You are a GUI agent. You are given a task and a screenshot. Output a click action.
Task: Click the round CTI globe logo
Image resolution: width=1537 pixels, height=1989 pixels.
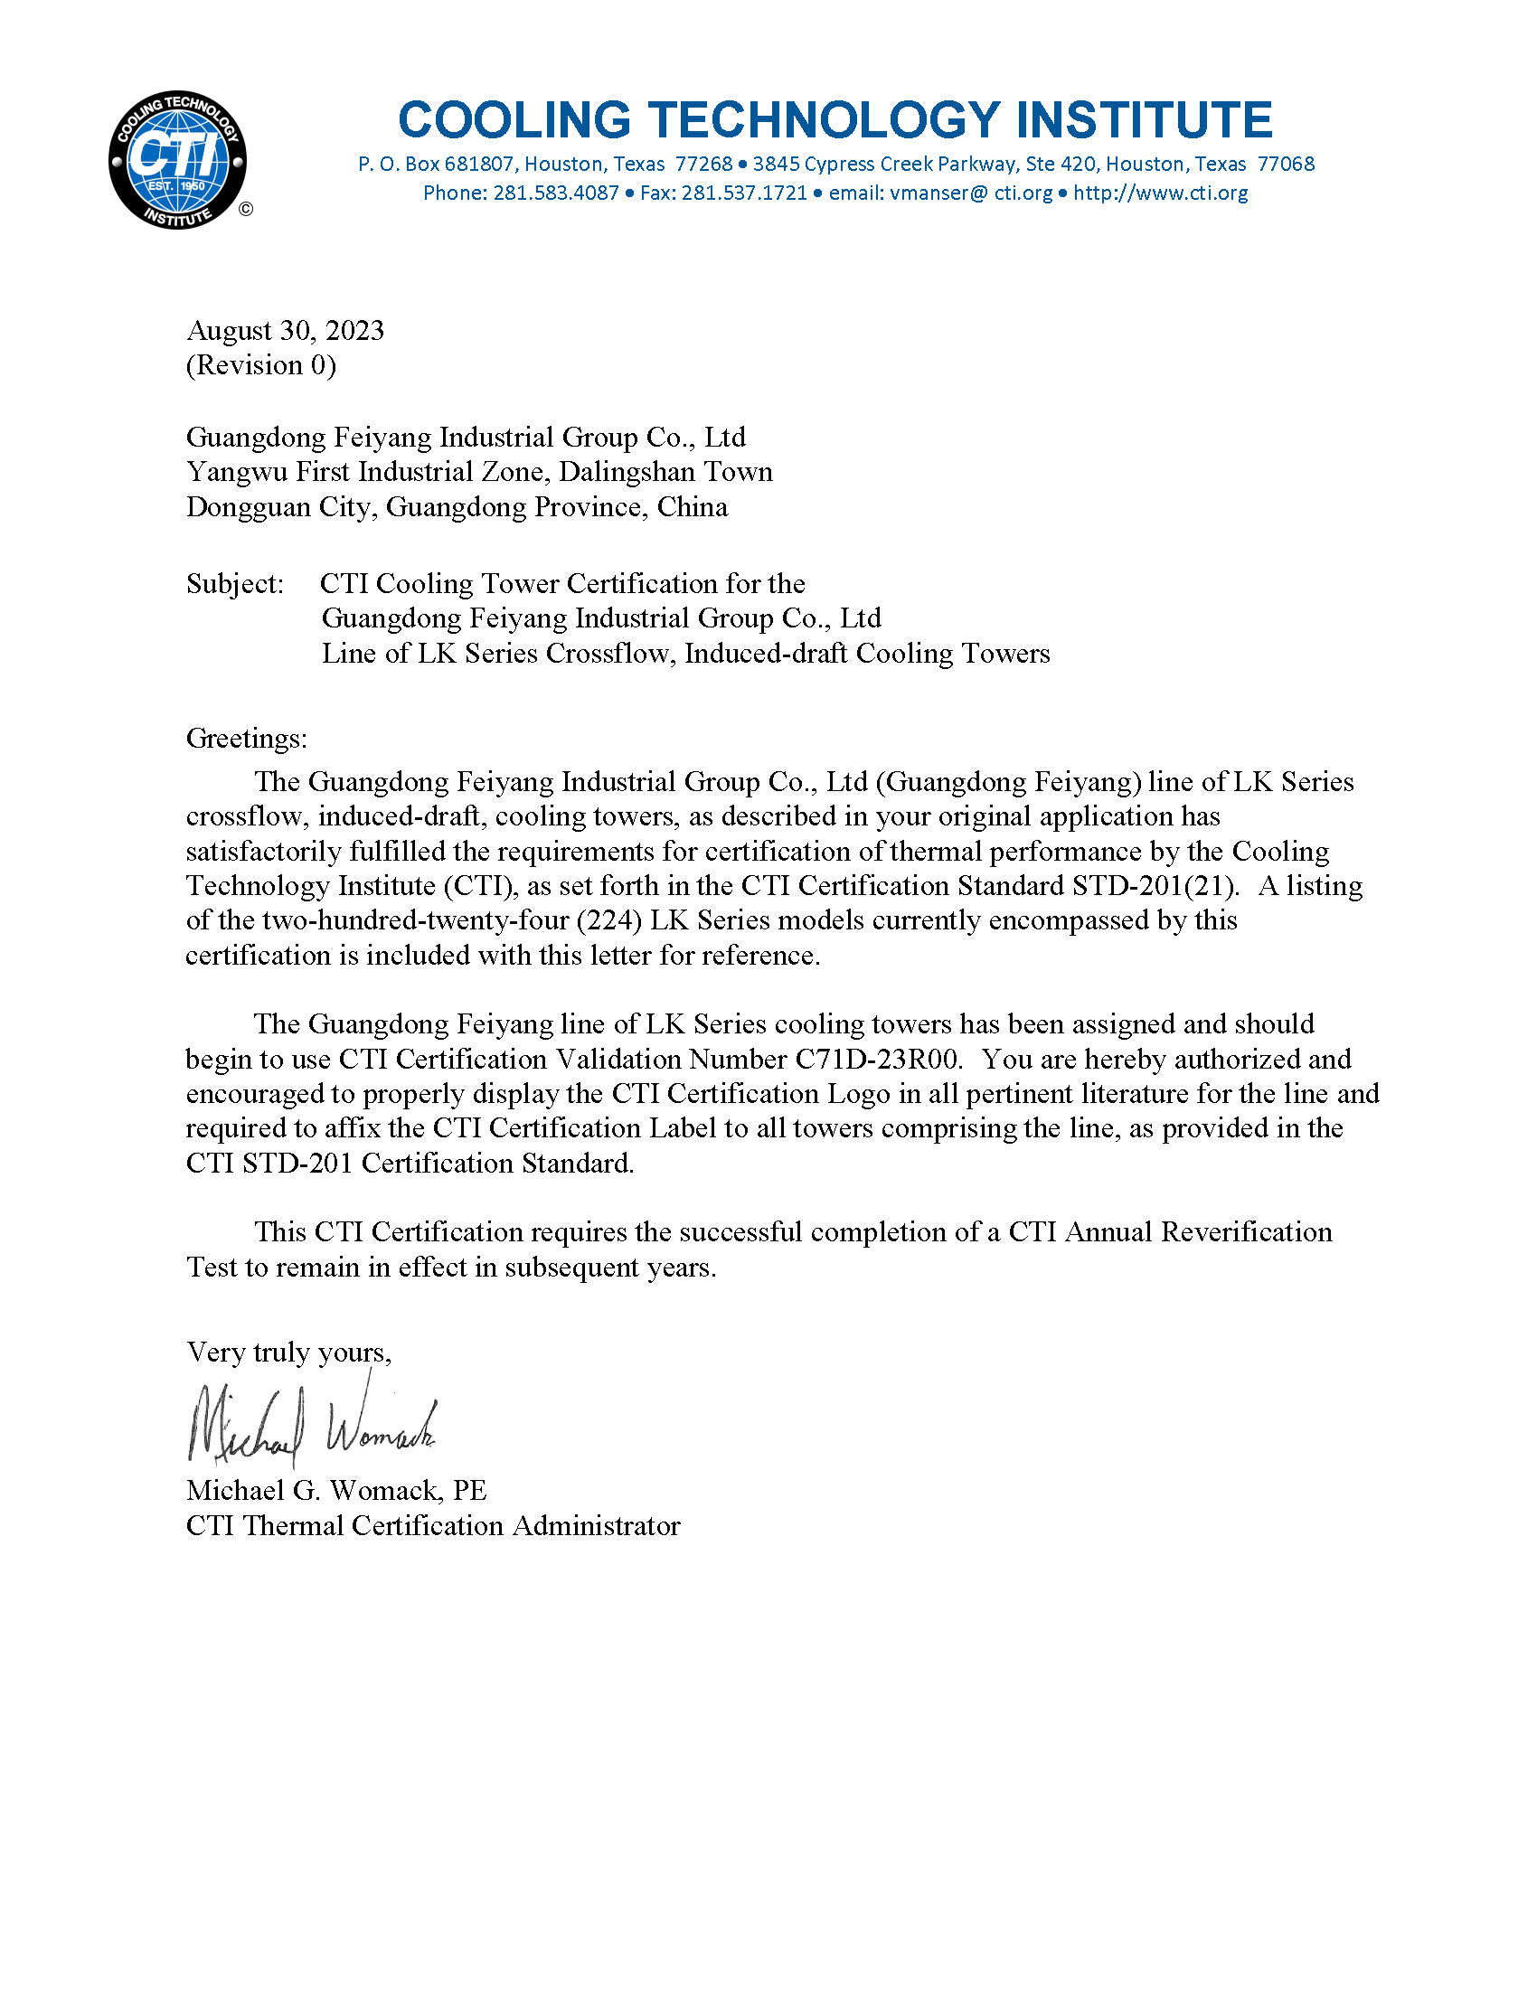pyautogui.click(x=177, y=160)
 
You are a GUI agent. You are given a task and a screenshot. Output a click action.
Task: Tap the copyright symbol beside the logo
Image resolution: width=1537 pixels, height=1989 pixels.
pyautogui.click(x=246, y=210)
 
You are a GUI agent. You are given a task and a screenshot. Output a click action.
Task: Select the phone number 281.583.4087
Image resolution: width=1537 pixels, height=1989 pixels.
pyautogui.click(x=555, y=193)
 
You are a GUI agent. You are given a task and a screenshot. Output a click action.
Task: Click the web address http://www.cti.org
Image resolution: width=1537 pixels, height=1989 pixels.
pyautogui.click(x=1160, y=193)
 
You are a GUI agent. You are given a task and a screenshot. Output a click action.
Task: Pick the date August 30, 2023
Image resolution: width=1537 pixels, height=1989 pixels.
pyautogui.click(x=285, y=330)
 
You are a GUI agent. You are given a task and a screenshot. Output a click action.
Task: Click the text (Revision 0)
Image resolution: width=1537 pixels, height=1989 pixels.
pyautogui.click(x=261, y=365)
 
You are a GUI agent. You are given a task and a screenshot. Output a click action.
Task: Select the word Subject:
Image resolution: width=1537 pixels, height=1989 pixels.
pyautogui.click(x=235, y=584)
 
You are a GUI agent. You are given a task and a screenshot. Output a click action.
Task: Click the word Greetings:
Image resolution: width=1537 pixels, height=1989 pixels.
pyautogui.click(x=247, y=738)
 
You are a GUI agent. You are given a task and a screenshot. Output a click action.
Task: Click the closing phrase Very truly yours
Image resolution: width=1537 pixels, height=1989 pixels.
pyautogui.click(x=288, y=1353)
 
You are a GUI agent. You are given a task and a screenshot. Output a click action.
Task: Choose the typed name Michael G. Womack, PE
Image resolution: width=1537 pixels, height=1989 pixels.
pyautogui.click(x=336, y=1491)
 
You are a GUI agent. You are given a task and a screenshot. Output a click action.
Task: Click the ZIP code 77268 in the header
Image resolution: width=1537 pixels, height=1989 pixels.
pyautogui.click(x=703, y=165)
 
